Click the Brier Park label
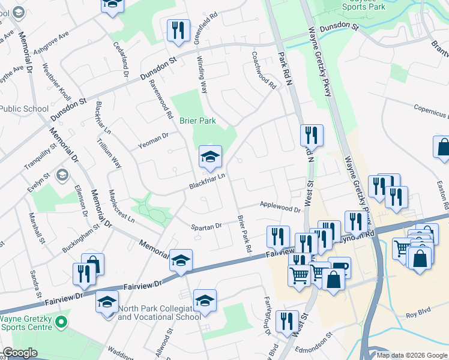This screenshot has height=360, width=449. [197, 121]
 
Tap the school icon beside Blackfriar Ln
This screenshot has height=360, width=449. [210, 158]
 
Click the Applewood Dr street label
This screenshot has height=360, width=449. [280, 207]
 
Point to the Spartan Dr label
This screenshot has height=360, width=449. [206, 227]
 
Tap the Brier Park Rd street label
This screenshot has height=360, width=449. [244, 233]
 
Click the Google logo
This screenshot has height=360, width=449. [20, 353]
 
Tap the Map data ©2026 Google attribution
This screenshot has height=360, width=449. [412, 355]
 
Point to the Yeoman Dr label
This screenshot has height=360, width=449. [152, 139]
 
